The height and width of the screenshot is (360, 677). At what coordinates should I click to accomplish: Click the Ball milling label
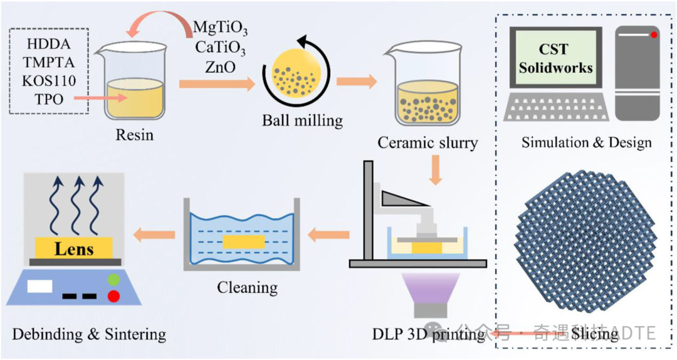(302, 119)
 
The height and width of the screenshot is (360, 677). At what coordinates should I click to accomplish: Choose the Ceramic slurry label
(428, 142)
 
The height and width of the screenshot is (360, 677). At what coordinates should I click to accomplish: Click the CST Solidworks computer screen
(556, 58)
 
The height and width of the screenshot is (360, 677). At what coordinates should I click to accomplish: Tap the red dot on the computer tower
(654, 35)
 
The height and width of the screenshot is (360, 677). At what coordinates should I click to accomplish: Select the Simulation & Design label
(586, 142)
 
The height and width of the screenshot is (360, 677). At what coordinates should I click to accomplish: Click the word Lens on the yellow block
(74, 248)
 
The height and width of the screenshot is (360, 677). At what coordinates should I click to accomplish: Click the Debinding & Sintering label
(89, 334)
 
